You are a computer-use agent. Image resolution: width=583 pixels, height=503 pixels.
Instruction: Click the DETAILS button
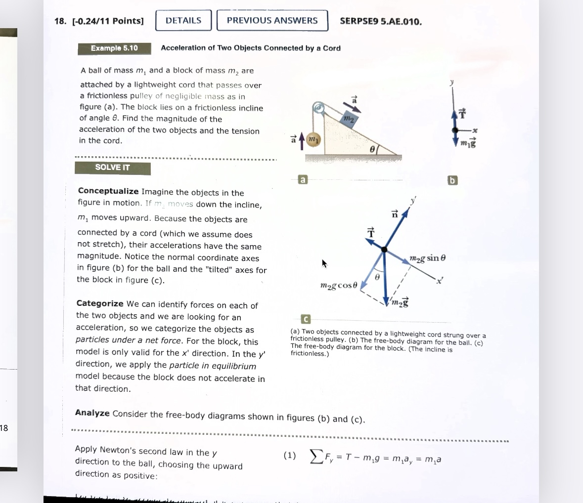point(183,21)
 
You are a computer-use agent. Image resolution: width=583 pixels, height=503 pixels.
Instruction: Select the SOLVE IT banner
point(112,168)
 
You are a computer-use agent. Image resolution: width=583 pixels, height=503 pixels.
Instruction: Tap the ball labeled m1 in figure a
point(313,140)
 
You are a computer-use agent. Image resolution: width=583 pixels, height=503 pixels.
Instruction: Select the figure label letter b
point(452,180)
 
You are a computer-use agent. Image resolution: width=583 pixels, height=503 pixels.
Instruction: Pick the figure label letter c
point(306,320)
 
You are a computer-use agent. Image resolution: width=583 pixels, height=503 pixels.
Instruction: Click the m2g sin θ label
point(428,258)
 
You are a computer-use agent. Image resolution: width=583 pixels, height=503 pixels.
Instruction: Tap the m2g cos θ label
point(338,286)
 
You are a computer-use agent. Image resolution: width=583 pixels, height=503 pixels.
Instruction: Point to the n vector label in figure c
point(395,214)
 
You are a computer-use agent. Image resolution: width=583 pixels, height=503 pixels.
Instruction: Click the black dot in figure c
point(384,250)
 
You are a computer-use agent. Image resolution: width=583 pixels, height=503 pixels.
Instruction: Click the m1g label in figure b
point(468,143)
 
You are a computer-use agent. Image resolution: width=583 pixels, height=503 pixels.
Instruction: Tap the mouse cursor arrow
point(324,264)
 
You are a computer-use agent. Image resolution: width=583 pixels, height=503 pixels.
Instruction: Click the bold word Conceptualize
point(108,191)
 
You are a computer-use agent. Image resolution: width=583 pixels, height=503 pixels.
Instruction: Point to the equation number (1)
point(290,456)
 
